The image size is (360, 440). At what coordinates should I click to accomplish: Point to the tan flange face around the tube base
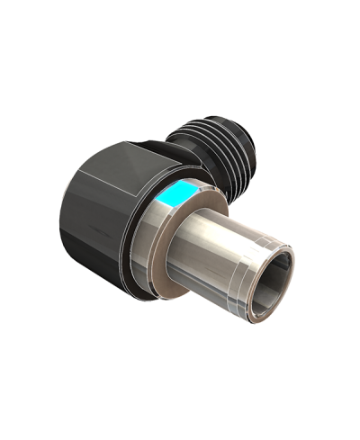coord(162,270)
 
